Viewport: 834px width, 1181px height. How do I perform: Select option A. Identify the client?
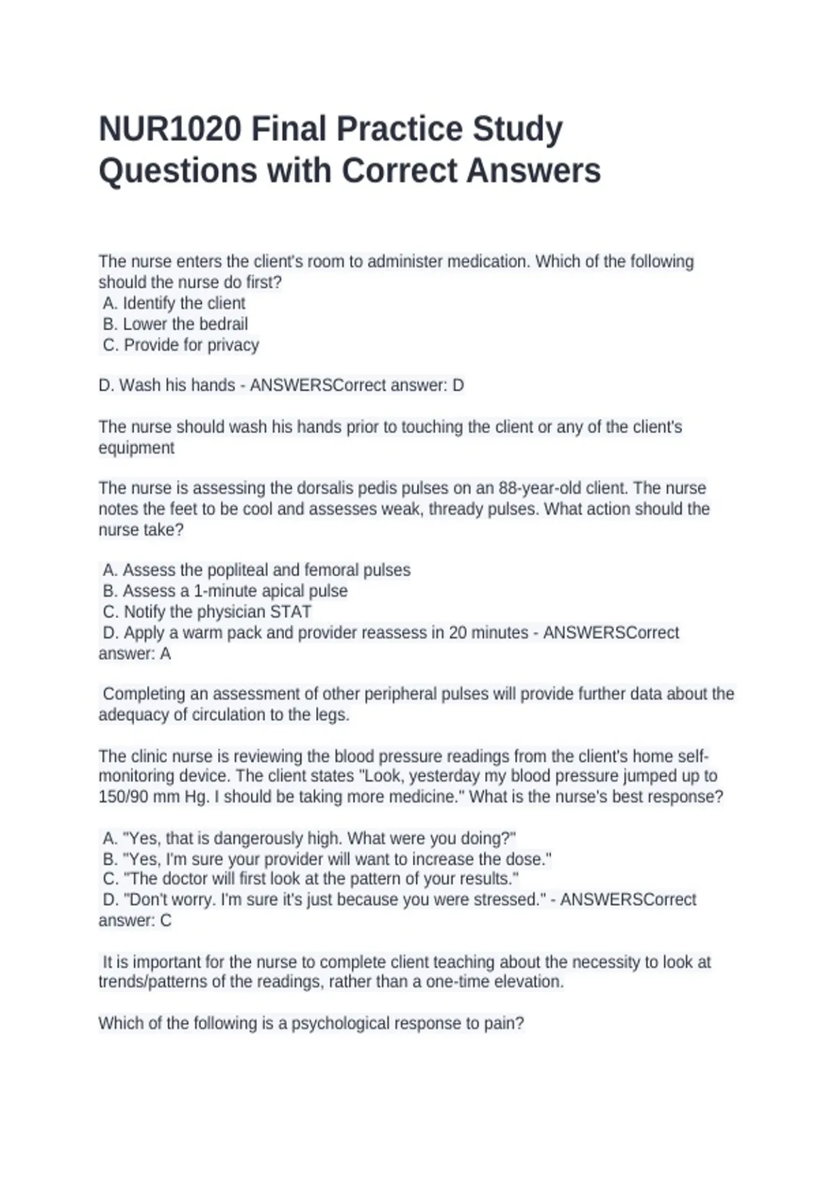click(x=174, y=304)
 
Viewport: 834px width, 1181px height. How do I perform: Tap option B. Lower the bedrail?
click(x=175, y=324)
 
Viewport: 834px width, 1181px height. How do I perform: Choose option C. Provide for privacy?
click(x=181, y=345)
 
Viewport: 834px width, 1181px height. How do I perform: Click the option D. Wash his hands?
click(x=167, y=386)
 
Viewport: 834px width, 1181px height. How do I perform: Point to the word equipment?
click(x=136, y=448)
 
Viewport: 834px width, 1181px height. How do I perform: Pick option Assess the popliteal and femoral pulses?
click(x=257, y=570)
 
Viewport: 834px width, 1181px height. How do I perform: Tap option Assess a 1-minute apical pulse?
click(x=226, y=591)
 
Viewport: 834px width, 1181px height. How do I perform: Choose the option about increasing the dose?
click(x=327, y=859)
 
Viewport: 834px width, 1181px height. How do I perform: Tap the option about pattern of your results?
click(x=311, y=879)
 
